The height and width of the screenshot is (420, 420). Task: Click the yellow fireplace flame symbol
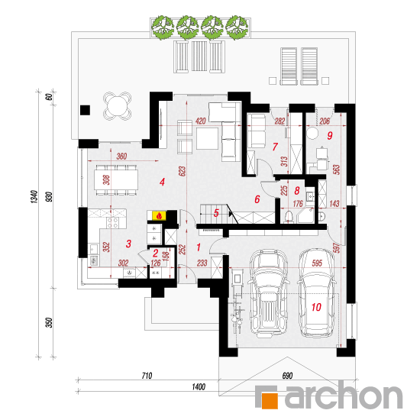click(159, 215)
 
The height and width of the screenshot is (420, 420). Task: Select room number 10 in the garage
click(316, 307)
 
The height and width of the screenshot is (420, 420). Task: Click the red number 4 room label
click(162, 183)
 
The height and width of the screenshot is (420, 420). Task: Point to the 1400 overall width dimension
click(199, 387)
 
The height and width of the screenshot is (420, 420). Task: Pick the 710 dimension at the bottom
click(147, 376)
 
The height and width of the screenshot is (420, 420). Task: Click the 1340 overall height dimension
click(34, 197)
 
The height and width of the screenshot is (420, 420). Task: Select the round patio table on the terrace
click(118, 106)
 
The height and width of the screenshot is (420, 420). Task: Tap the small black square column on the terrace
click(86, 110)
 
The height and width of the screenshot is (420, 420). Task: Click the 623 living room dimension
click(182, 171)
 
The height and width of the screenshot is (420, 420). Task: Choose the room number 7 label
click(275, 147)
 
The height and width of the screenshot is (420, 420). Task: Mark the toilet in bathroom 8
click(289, 216)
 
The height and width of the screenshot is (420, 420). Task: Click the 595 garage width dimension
click(317, 263)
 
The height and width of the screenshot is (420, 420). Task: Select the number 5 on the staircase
click(216, 213)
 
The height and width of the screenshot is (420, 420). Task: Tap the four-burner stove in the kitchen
click(113, 222)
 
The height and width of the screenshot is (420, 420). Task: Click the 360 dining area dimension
click(121, 156)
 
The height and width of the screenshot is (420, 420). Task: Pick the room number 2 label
click(156, 253)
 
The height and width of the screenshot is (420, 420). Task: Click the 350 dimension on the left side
click(50, 322)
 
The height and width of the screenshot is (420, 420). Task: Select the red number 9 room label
click(330, 135)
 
